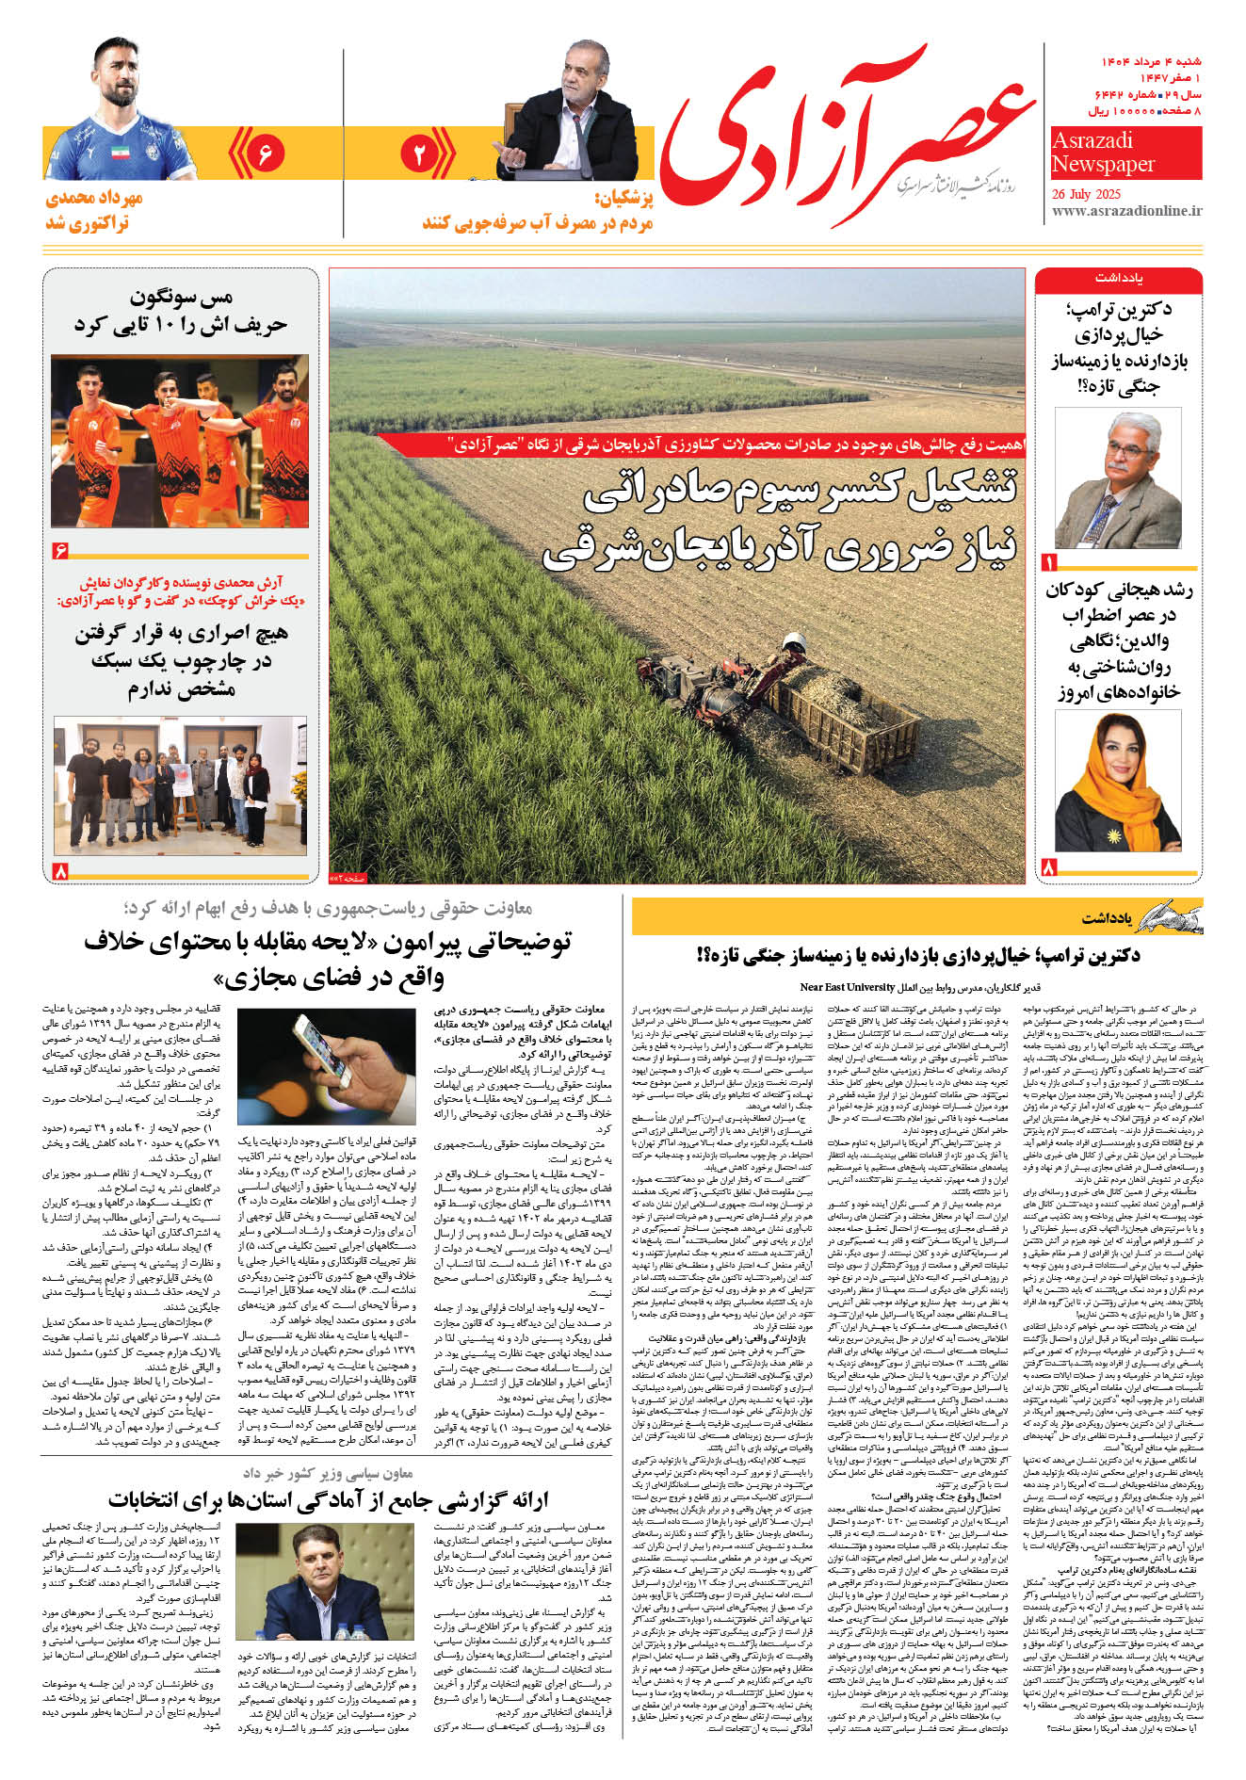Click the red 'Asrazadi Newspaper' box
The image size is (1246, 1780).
1125,153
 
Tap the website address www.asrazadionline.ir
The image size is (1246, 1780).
1126,212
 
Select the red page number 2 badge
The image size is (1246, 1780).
419,154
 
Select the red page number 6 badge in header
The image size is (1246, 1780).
265,153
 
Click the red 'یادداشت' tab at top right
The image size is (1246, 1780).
1118,280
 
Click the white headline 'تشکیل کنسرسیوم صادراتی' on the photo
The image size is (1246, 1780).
801,494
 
